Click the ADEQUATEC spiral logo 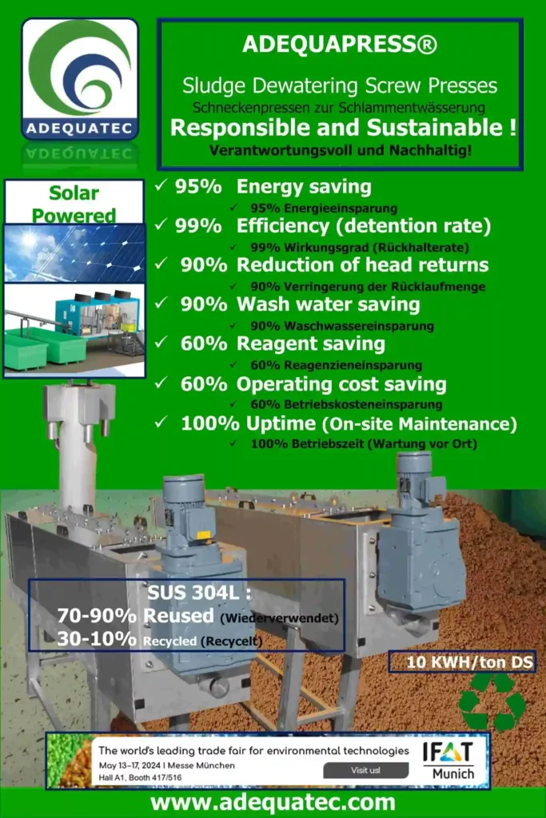[x=80, y=79]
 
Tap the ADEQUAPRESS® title [x=340, y=45]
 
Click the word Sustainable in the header [x=434, y=128]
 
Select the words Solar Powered [x=74, y=204]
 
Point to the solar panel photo [x=74, y=253]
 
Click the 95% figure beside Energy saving [x=197, y=186]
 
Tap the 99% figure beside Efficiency [x=197, y=225]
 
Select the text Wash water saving [x=329, y=304]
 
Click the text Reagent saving [x=311, y=343]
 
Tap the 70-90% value [x=97, y=616]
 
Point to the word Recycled [x=169, y=641]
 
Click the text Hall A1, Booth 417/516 [x=140, y=778]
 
